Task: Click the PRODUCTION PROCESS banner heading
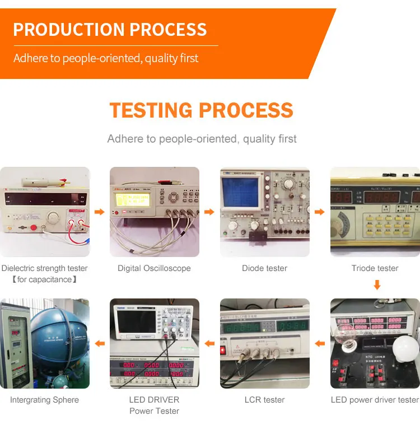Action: [110, 30]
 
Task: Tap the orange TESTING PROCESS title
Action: [201, 110]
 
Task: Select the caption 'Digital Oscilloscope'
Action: [154, 268]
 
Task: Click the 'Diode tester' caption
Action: [264, 268]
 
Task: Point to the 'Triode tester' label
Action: [375, 268]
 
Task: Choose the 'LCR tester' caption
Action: [264, 400]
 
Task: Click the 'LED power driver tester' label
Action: [375, 400]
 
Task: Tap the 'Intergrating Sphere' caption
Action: [44, 400]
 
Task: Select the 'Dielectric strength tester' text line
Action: [44, 268]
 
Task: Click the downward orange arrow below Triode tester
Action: [377, 285]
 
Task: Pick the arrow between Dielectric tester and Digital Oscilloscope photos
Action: [99, 212]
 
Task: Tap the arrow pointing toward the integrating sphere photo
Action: [99, 343]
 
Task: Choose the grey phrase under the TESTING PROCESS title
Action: [202, 139]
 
